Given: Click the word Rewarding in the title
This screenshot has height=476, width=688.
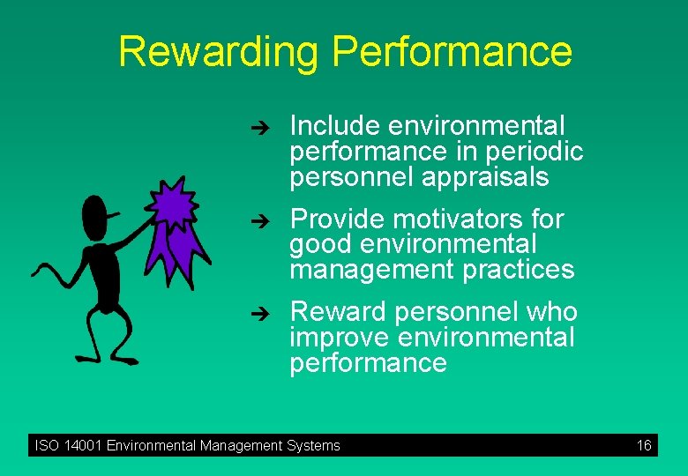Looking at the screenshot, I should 218,51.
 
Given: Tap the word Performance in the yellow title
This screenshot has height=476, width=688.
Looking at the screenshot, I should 452,51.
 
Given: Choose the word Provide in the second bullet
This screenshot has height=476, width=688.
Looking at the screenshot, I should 338,219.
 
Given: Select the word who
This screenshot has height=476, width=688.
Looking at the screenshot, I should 552,312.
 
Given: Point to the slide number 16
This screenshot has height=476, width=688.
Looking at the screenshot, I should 644,445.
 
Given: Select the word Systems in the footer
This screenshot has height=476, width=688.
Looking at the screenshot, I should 313,445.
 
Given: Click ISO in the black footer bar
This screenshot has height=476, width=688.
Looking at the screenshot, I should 46,445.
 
